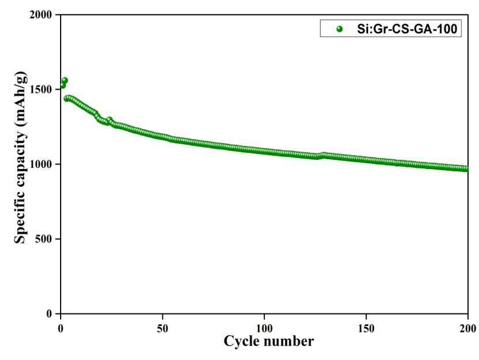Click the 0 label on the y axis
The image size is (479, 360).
click(50, 314)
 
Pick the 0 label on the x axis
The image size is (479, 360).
click(61, 328)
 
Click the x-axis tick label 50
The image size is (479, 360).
click(163, 328)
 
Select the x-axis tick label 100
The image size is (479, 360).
click(264, 328)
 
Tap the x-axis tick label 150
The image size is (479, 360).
click(366, 328)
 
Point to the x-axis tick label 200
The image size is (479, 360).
click(468, 328)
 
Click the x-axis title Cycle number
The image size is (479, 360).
click(268, 342)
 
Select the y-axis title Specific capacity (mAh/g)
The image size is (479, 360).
click(21, 157)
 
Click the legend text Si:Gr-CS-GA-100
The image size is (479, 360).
click(407, 29)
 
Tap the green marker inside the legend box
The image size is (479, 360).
click(339, 29)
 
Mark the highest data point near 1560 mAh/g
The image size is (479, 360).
click(65, 81)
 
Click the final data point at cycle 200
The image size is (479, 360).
click(466, 169)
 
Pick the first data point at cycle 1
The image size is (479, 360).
click(63, 85)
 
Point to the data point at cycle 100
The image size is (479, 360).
click(264, 151)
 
